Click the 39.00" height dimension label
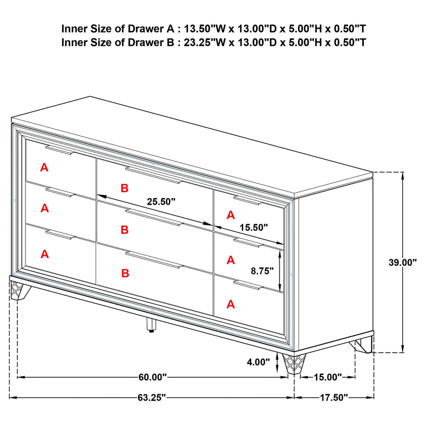(402, 262)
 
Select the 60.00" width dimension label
(152, 377)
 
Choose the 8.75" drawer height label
(262, 270)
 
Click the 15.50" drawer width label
(252, 227)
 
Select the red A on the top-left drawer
(44, 167)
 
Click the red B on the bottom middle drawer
(124, 273)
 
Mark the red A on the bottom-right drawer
(231, 304)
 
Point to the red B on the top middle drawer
(124, 188)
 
